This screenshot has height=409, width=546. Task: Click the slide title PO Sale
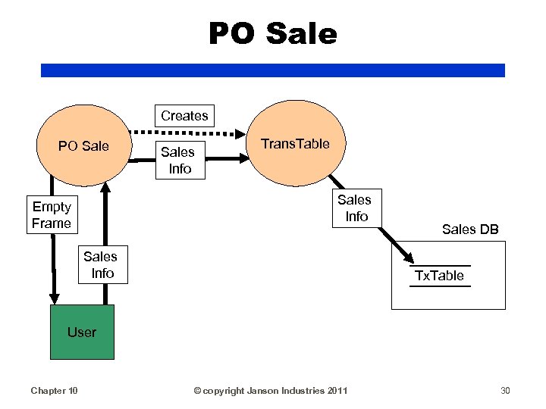(x=272, y=33)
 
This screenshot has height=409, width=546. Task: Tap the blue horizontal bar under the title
(x=272, y=70)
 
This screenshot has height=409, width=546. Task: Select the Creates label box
(x=184, y=116)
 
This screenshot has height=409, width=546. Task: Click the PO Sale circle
(x=84, y=146)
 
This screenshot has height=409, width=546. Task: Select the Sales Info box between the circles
(x=180, y=160)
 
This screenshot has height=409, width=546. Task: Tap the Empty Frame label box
(x=52, y=215)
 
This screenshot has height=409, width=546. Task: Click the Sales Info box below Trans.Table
(x=355, y=208)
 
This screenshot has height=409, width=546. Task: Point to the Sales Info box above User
(x=102, y=264)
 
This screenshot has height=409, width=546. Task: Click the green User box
(x=82, y=332)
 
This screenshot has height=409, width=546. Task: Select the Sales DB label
(x=470, y=229)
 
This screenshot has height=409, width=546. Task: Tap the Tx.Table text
(x=439, y=276)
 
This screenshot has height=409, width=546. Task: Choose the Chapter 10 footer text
(x=54, y=391)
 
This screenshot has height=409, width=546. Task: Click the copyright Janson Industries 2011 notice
(x=271, y=391)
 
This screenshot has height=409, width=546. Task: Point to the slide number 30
(x=505, y=391)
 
